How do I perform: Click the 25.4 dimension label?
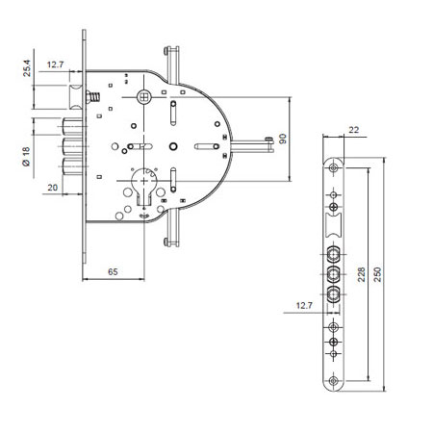pos(27,68)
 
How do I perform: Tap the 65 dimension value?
pos(113,272)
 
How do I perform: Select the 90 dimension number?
pos(283,139)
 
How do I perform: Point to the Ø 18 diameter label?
pos(26,157)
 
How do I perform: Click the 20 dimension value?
pos(52,188)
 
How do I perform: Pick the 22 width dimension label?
pos(353,130)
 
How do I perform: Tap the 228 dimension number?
pos(361,274)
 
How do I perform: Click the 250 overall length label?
pos(377,274)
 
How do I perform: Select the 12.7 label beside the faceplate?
pos(304,305)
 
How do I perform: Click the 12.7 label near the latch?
pos(55,64)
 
